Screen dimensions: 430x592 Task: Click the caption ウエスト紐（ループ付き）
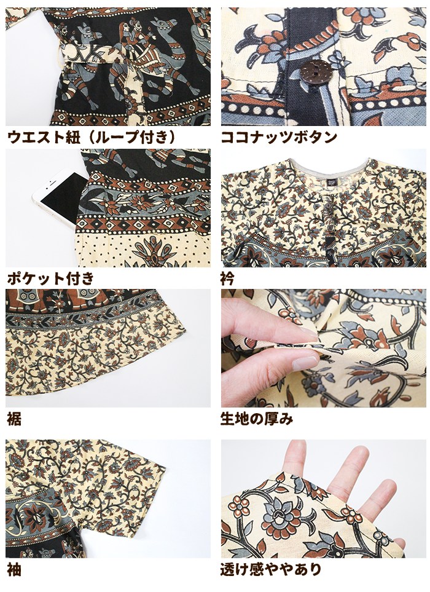pos(92,136)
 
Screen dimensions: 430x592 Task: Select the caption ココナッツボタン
pos(278,136)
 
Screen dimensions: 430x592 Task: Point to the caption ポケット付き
pos(50,278)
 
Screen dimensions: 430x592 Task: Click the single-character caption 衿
pos(227,278)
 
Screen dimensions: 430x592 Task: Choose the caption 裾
pos(14,419)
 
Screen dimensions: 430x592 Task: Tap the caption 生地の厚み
pos(257,419)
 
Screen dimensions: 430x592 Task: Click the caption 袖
pos(14,569)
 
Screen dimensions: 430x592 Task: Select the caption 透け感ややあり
pos(271,569)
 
